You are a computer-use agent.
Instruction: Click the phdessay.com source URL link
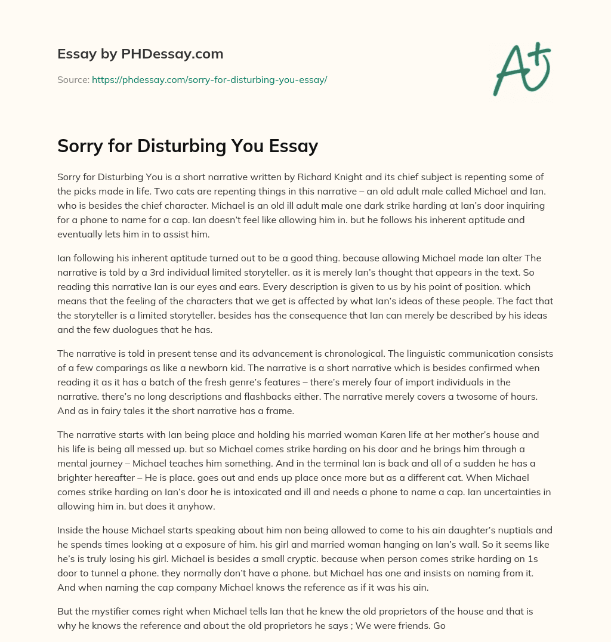click(209, 79)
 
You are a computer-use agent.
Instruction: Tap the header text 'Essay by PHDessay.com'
click(140, 54)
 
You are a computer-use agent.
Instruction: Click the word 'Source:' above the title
click(73, 79)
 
